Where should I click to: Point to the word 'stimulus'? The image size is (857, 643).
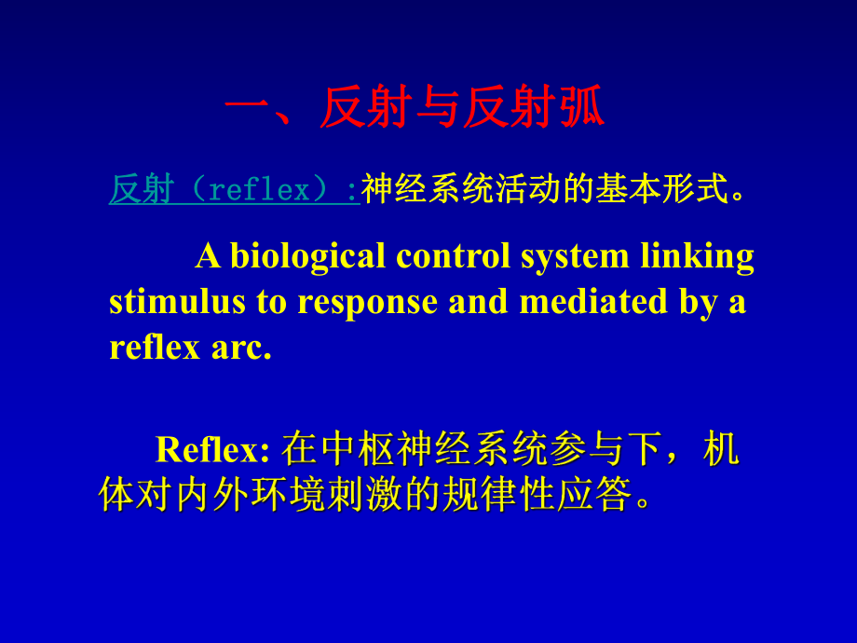coord(169,301)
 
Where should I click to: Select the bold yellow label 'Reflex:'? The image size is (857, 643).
coord(212,449)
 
